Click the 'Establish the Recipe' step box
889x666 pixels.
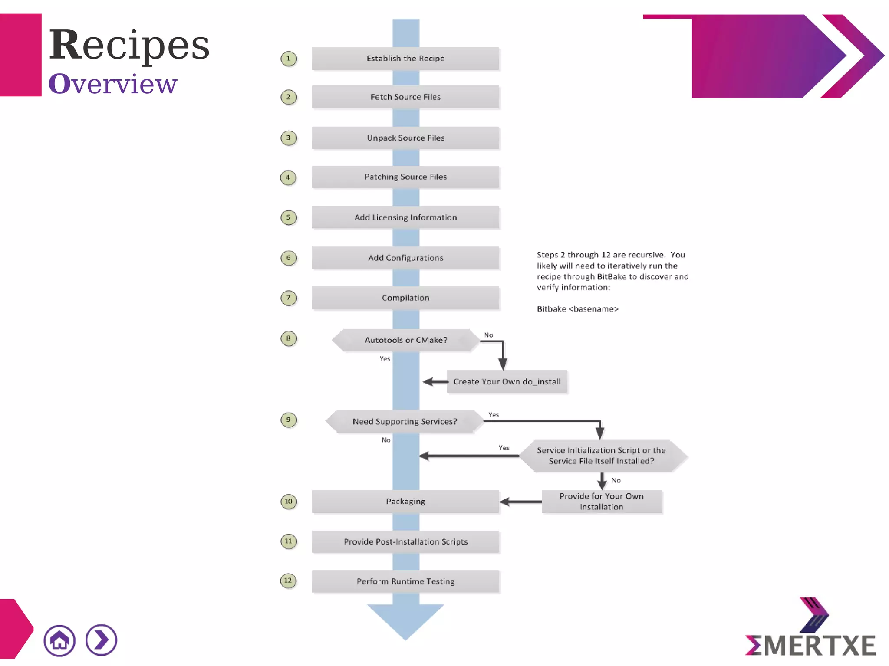[405, 59]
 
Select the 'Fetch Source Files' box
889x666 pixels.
[405, 97]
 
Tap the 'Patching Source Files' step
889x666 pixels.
[405, 177]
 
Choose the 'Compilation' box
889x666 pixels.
[405, 298]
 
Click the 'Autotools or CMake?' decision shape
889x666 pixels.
[405, 340]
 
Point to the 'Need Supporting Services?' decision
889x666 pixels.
[405, 421]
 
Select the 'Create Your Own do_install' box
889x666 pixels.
[507, 382]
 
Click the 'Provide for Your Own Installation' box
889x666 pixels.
[601, 502]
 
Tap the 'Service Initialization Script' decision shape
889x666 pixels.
[601, 456]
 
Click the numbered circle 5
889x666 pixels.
[288, 217]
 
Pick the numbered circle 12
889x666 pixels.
[288, 581]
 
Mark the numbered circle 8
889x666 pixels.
[288, 338]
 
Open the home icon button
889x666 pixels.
[59, 640]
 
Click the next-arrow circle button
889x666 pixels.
[101, 640]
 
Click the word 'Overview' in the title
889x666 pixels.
[113, 84]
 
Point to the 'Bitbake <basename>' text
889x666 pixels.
[577, 309]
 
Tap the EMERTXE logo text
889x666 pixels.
[810, 645]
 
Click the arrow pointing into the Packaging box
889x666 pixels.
[520, 502]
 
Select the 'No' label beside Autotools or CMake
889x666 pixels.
[488, 335]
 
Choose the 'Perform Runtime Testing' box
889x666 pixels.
[405, 581]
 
